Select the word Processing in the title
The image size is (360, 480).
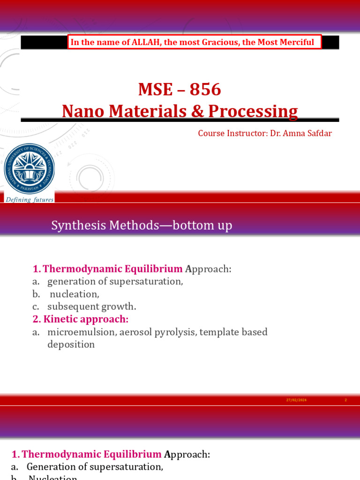[253, 111]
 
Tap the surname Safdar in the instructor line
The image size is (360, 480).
[318, 133]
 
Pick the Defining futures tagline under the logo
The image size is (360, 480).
[29, 200]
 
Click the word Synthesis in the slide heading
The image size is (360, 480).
[78, 226]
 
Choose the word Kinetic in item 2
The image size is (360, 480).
[61, 319]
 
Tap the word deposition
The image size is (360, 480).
[71, 345]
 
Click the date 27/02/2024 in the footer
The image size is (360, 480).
[296, 400]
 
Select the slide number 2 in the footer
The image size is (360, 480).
[345, 400]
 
